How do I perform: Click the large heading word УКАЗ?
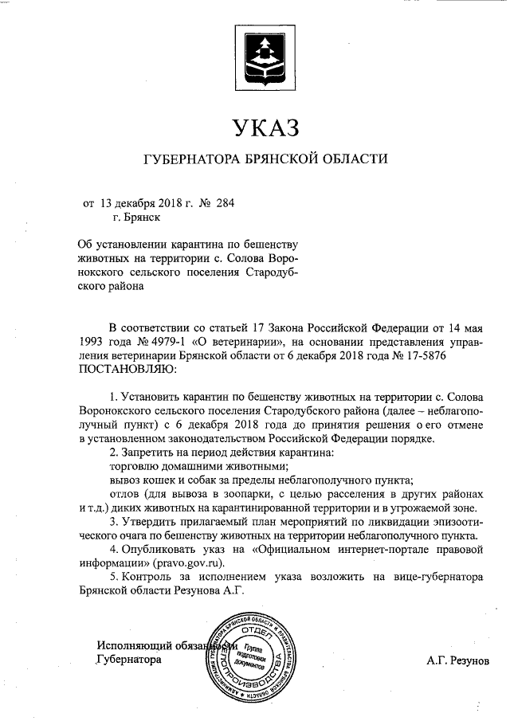(264, 127)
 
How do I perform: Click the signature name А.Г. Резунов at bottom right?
(459, 660)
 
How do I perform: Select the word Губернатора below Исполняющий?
(128, 660)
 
